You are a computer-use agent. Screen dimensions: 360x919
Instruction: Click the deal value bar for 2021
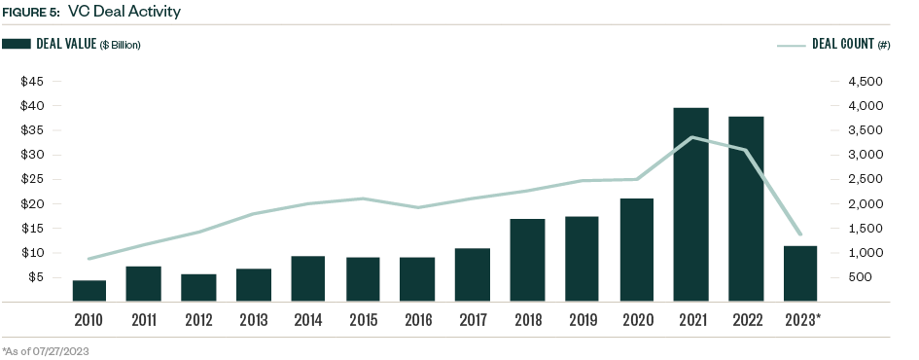click(x=691, y=204)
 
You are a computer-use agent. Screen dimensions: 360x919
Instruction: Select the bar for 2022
click(x=747, y=209)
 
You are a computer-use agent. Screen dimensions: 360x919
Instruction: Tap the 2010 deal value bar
click(x=88, y=291)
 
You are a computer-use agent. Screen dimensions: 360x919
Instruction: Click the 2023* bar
click(x=801, y=273)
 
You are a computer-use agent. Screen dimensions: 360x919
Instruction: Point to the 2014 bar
click(x=308, y=278)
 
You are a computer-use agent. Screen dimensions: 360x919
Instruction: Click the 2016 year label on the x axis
click(x=418, y=320)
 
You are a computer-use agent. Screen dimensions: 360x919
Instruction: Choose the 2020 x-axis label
click(x=637, y=320)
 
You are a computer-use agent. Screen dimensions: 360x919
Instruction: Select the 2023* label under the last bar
click(x=803, y=320)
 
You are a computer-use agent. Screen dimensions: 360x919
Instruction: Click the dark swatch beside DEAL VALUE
click(x=17, y=45)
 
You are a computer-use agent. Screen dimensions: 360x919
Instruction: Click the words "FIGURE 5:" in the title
click(x=30, y=13)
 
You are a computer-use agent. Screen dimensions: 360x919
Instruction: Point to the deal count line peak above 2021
click(x=691, y=137)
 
